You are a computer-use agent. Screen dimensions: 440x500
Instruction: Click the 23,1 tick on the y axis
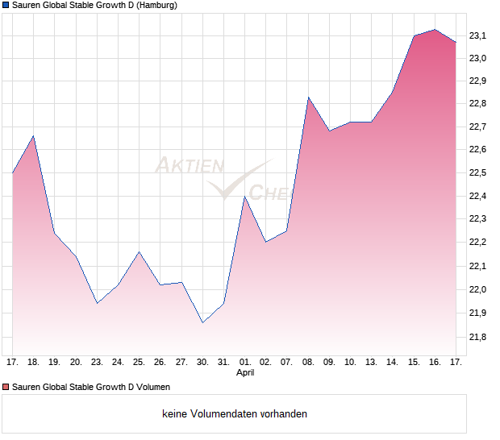[x=479, y=35]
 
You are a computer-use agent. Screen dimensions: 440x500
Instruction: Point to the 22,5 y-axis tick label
[x=479, y=173]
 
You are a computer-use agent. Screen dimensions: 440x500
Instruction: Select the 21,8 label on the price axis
[x=479, y=336]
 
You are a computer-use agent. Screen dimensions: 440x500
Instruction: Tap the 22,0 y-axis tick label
[x=479, y=289]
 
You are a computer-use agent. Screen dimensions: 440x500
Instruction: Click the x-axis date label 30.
[x=202, y=363]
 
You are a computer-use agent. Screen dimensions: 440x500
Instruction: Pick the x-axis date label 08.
[x=308, y=363]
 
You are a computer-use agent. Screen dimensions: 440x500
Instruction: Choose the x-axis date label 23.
[x=97, y=363]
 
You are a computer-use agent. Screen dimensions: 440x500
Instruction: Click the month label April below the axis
[x=245, y=373]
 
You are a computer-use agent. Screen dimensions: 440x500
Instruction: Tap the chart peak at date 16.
[x=435, y=30]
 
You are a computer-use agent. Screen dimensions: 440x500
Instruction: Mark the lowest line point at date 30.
[x=202, y=322]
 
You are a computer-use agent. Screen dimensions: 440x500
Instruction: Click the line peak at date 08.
[x=308, y=98]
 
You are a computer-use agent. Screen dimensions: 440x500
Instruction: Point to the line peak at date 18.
[x=33, y=136]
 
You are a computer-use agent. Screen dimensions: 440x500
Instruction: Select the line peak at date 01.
[x=244, y=197]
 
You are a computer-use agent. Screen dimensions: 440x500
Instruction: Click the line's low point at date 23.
[x=97, y=303]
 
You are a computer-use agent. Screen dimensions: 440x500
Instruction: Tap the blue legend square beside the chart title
[x=6, y=6]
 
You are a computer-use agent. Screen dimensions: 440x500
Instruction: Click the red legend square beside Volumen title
[x=6, y=387]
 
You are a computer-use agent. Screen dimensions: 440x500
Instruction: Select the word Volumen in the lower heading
[x=151, y=387]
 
